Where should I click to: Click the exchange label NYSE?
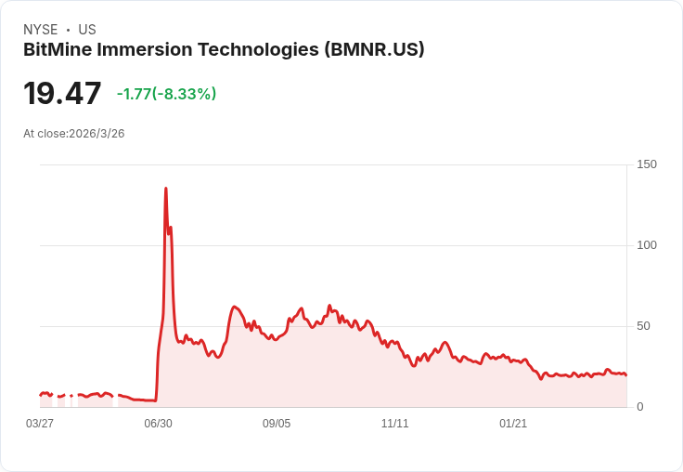pyautogui.click(x=40, y=30)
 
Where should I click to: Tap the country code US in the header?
pyautogui.click(x=87, y=30)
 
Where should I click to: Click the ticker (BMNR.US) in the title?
pyautogui.click(x=374, y=50)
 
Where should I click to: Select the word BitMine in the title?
pyautogui.click(x=58, y=50)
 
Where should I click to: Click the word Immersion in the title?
pyautogui.click(x=145, y=50)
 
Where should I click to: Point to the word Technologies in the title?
pyautogui.click(x=256, y=50)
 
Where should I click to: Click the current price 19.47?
pyautogui.click(x=62, y=94)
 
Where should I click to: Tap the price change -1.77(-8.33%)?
pyautogui.click(x=166, y=94)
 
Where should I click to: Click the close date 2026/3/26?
pyautogui.click(x=97, y=134)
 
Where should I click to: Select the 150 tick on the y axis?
pyautogui.click(x=646, y=164)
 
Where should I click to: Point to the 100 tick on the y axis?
pyautogui.click(x=646, y=245)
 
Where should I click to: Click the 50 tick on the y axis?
pyautogui.click(x=643, y=326)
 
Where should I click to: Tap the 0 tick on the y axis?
pyautogui.click(x=640, y=407)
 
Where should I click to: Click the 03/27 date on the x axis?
pyautogui.click(x=40, y=424)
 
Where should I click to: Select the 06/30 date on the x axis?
pyautogui.click(x=158, y=424)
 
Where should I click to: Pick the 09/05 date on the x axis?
pyautogui.click(x=277, y=424)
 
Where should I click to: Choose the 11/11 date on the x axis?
pyautogui.click(x=394, y=424)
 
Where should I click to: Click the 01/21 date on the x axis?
pyautogui.click(x=513, y=424)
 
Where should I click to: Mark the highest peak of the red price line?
pyautogui.click(x=166, y=189)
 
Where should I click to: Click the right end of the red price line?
pyautogui.click(x=625, y=374)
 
